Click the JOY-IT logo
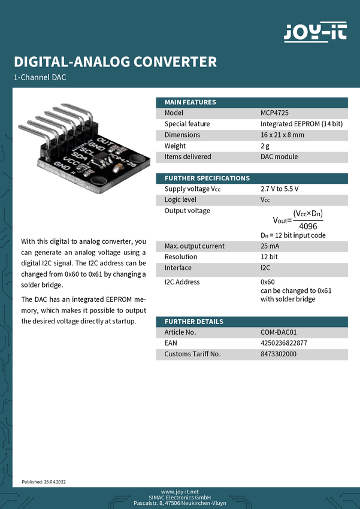pyautogui.click(x=314, y=32)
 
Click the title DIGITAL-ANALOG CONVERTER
pyautogui.click(x=115, y=62)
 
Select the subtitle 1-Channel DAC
pyautogui.click(x=40, y=78)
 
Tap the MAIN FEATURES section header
pyautogui.click(x=190, y=102)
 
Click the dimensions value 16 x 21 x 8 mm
pyautogui.click(x=282, y=135)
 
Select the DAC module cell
pyautogui.click(x=279, y=156)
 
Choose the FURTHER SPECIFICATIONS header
pyautogui.click(x=207, y=178)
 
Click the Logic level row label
pyautogui.click(x=180, y=199)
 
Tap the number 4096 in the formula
pyautogui.click(x=308, y=226)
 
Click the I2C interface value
pyautogui.click(x=265, y=268)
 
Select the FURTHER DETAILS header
pyautogui.click(x=193, y=322)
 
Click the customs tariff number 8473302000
pyautogui.click(x=278, y=354)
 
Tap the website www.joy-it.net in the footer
pyautogui.click(x=180, y=491)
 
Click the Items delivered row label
pyautogui.click(x=187, y=156)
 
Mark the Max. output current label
pyautogui.click(x=194, y=246)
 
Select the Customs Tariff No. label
pyautogui.click(x=192, y=354)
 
